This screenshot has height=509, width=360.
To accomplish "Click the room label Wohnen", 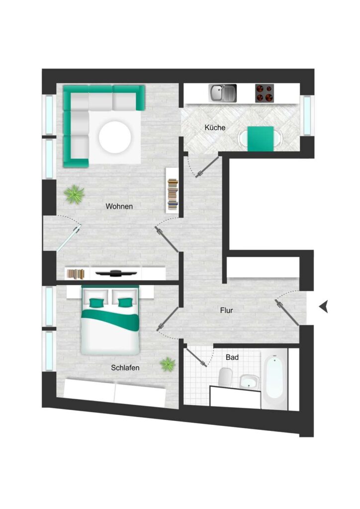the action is pyautogui.click(x=119, y=206).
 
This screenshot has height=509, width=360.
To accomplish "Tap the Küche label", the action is pyautogui.click(x=215, y=128).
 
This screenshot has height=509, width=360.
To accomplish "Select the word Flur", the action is pyautogui.click(x=227, y=310).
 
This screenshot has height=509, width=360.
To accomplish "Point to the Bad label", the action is pyautogui.click(x=232, y=357).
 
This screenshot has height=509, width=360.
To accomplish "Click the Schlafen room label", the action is pyautogui.click(x=125, y=368).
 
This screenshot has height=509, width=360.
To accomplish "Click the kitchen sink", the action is pyautogui.click(x=222, y=93).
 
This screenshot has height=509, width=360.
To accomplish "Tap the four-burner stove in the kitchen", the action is pyautogui.click(x=265, y=93).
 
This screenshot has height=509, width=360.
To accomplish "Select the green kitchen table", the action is pyautogui.click(x=261, y=139).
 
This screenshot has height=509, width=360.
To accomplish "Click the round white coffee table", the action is pyautogui.click(x=115, y=137).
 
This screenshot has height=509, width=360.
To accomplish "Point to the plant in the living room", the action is pyautogui.click(x=75, y=194).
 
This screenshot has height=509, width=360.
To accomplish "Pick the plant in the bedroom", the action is pyautogui.click(x=168, y=364).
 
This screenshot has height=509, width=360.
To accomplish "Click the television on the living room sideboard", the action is pyautogui.click(x=116, y=273).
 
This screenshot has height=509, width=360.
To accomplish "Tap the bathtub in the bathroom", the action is pyautogui.click(x=274, y=378).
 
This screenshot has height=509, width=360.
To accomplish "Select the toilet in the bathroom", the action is pyautogui.click(x=225, y=377).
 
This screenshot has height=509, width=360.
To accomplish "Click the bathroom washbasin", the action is pyautogui.click(x=249, y=382).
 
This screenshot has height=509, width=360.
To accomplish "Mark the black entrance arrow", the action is pyautogui.click(x=323, y=306).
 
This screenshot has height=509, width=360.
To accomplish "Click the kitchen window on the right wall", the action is pyautogui.click(x=307, y=115).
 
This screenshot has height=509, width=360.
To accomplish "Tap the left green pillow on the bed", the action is pyautogui.click(x=96, y=303).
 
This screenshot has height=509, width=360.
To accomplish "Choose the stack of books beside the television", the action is pyautogui.click(x=76, y=274).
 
